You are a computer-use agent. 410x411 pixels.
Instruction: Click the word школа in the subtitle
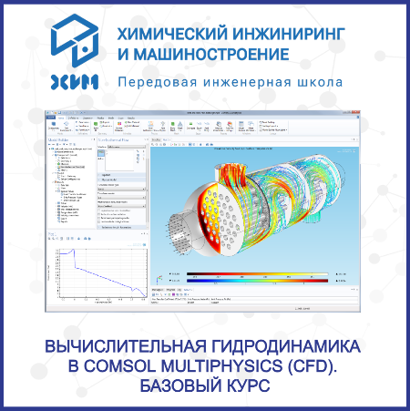tap(318, 83)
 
